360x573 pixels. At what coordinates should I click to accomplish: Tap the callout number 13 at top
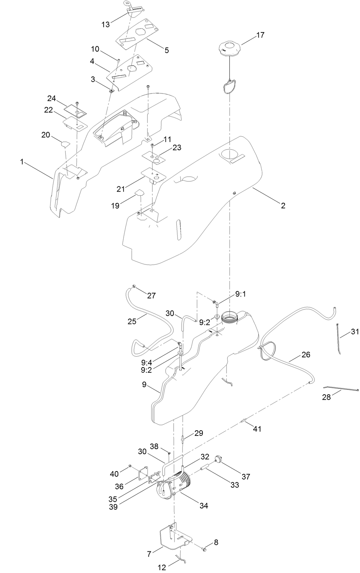point(105,24)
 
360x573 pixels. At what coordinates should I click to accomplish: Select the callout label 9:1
point(240,294)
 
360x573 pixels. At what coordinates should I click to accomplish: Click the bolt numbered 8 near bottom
point(204,550)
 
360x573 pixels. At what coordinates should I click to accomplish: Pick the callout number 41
point(257,429)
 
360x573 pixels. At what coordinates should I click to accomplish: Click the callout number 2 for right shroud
point(283,206)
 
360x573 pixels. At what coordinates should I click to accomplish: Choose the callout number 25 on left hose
point(132,321)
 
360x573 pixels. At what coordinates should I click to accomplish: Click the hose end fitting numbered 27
point(134,288)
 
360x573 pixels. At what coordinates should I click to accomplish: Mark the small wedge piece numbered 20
point(66,143)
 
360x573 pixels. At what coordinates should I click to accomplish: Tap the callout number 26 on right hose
point(306,355)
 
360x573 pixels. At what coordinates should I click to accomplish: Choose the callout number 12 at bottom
point(162,567)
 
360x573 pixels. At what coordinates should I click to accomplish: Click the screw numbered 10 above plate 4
point(118,61)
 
